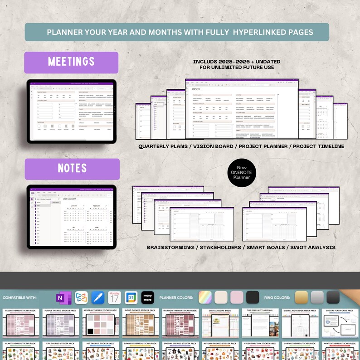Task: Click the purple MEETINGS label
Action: [x=71, y=62]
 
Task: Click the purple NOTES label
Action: [x=72, y=169]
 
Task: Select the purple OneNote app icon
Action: [x=60, y=297]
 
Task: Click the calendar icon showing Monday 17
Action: [x=114, y=297]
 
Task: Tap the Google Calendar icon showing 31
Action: [x=131, y=297]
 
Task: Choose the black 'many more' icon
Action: [x=148, y=297]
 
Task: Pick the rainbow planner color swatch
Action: [x=205, y=297]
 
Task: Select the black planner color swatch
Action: [x=253, y=297]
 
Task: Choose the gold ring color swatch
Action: [x=301, y=297]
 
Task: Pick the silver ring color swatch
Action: [x=317, y=297]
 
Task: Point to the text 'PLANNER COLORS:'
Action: [x=177, y=298]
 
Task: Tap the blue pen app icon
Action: [x=98, y=297]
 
